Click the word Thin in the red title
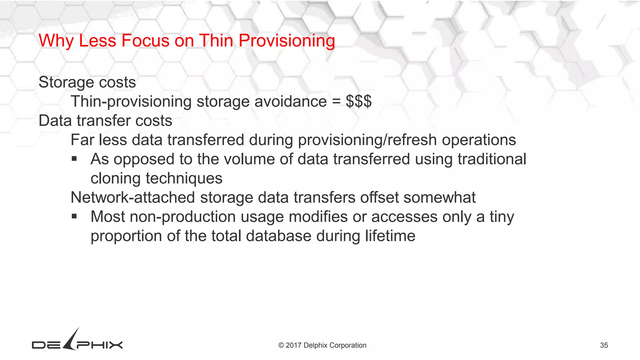pyautogui.click(x=216, y=41)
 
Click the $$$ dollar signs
pyautogui.click(x=358, y=102)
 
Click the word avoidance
pyautogui.click(x=291, y=102)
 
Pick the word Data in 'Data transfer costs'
pyautogui.click(x=55, y=121)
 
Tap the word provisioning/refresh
pyautogui.click(x=367, y=140)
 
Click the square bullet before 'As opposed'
pyautogui.click(x=74, y=159)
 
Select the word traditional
pyautogui.click(x=492, y=159)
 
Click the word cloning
pyautogui.click(x=116, y=179)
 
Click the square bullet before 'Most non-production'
pyautogui.click(x=74, y=216)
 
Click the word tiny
pyautogui.click(x=502, y=217)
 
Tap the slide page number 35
pyautogui.click(x=604, y=345)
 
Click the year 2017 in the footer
pyautogui.click(x=293, y=345)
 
